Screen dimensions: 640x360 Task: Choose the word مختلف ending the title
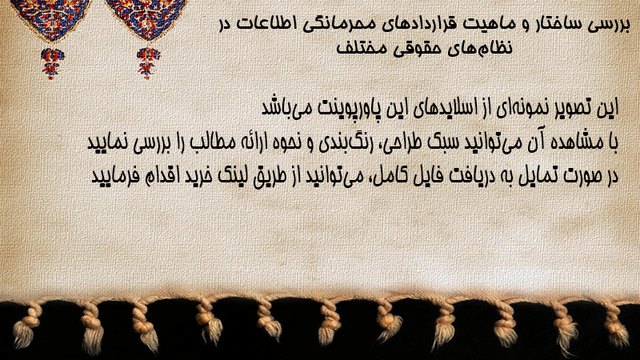(361, 48)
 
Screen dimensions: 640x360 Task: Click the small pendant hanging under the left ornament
(51, 62)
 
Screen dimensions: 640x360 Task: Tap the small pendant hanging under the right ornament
(148, 62)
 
